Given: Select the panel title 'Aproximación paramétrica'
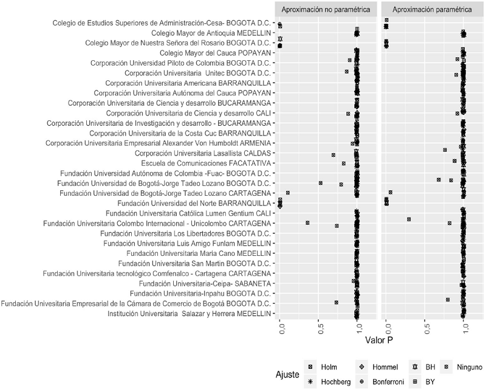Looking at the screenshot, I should coord(433,10).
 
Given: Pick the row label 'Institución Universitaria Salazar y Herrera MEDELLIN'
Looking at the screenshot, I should coord(189,313).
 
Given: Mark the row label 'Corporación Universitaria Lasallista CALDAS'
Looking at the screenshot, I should coord(203,153).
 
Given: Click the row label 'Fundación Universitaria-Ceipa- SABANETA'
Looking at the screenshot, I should coord(205,283).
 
